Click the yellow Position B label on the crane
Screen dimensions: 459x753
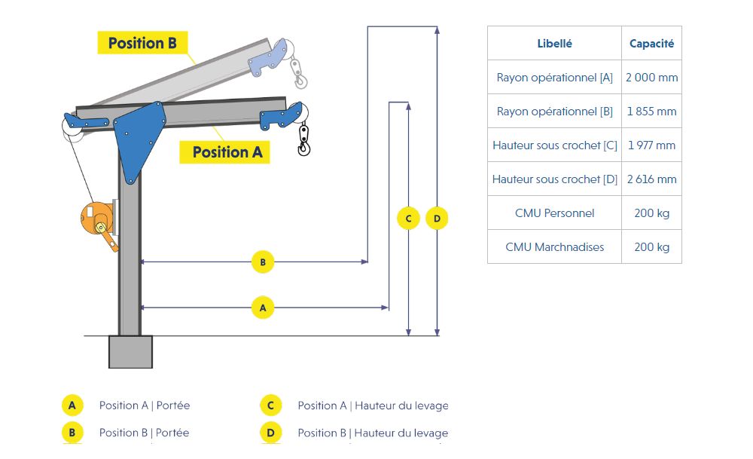142,43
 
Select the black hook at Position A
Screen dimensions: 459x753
303,140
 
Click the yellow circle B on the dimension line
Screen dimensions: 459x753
263,262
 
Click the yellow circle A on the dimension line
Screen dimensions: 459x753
263,308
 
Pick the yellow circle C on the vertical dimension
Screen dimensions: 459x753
408,219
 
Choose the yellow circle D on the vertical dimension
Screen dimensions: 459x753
437,219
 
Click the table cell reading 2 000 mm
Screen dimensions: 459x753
651,78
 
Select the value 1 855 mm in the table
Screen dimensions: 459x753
651,112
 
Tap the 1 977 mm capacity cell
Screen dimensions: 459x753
651,145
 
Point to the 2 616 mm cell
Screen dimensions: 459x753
651,179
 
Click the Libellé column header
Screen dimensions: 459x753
554,44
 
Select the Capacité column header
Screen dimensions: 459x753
651,44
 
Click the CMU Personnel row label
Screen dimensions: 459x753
554,213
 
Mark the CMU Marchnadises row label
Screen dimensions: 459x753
554,247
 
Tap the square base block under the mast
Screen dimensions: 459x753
130,352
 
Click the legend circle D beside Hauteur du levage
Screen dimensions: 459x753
270,433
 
